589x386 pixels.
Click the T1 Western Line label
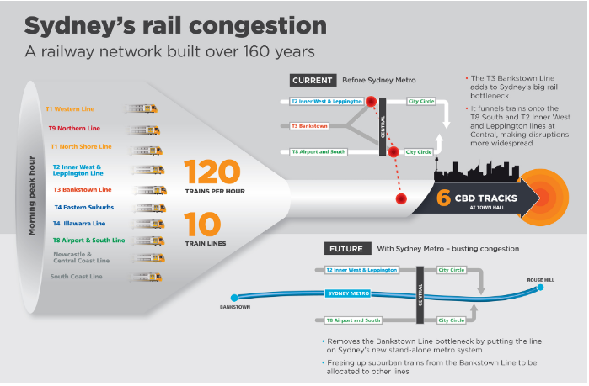pyautogui.click(x=70, y=109)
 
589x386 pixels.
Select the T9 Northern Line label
pyautogui.click(x=74, y=128)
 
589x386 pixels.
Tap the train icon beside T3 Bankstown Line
pyautogui.click(x=150, y=190)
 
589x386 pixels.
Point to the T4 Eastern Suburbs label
pyautogui.click(x=84, y=207)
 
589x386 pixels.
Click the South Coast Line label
pyautogui.click(x=76, y=277)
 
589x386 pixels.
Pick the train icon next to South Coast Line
pyautogui.click(x=146, y=278)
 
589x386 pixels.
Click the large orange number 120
pyautogui.click(x=212, y=172)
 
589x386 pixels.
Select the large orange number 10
pyautogui.click(x=202, y=224)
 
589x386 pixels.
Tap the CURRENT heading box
pyautogui.click(x=313, y=81)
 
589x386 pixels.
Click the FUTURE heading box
pyautogui.click(x=346, y=249)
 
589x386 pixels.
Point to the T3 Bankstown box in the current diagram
pyautogui.click(x=309, y=126)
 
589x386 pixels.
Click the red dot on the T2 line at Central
pyautogui.click(x=371, y=101)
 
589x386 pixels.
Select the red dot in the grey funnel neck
pyautogui.click(x=401, y=198)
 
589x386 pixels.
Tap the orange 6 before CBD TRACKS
pyautogui.click(x=443, y=198)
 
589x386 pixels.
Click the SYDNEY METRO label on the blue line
pyautogui.click(x=349, y=293)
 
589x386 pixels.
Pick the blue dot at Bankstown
pyautogui.click(x=234, y=298)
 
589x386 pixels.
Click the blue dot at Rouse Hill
pyautogui.click(x=540, y=288)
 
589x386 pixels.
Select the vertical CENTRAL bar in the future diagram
pyautogui.click(x=420, y=295)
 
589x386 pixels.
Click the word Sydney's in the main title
pyautogui.click(x=80, y=26)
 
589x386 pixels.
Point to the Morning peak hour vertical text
pyautogui.click(x=31, y=196)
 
